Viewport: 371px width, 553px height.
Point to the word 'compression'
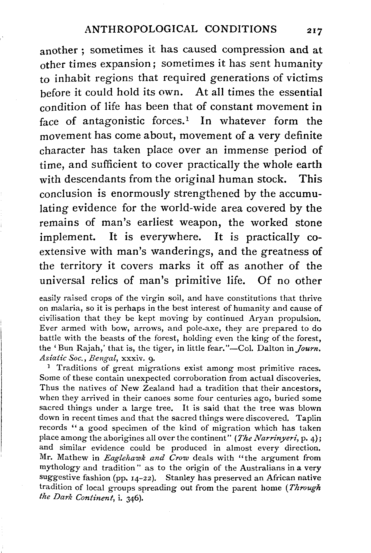(254, 50)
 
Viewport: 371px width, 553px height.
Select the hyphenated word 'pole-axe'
(194, 329)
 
